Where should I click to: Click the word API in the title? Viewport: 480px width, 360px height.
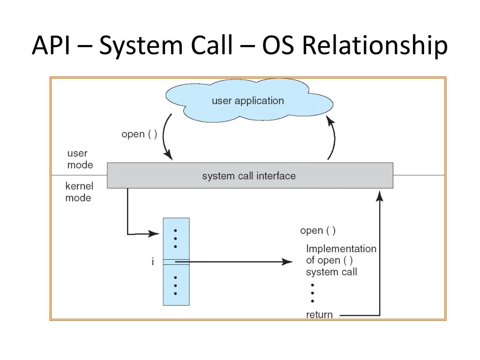coord(51,45)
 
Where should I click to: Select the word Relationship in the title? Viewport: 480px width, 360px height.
coord(375,46)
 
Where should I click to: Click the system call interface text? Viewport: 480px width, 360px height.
coord(249,176)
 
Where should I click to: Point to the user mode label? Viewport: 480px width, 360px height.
coord(80,159)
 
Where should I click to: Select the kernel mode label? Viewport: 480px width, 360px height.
coord(79,192)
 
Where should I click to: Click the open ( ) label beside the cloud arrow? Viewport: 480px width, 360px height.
coord(139,134)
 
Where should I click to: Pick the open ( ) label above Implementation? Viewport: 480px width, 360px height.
coord(318,231)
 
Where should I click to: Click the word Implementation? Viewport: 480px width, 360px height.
coord(341,248)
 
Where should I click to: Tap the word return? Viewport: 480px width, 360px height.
coord(319,315)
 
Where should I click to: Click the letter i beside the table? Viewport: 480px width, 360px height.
coord(153,262)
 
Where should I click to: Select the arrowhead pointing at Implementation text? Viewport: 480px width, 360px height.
coord(287,262)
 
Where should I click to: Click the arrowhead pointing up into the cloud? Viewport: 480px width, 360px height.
coord(330,120)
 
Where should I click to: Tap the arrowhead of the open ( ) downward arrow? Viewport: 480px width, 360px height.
coord(169,155)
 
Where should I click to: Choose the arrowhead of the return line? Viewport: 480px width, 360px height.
coord(380,196)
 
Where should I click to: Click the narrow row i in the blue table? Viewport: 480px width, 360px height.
coord(176,262)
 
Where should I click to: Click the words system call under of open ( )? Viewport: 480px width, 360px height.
coord(331,272)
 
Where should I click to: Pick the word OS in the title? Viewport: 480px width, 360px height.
coord(278,45)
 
